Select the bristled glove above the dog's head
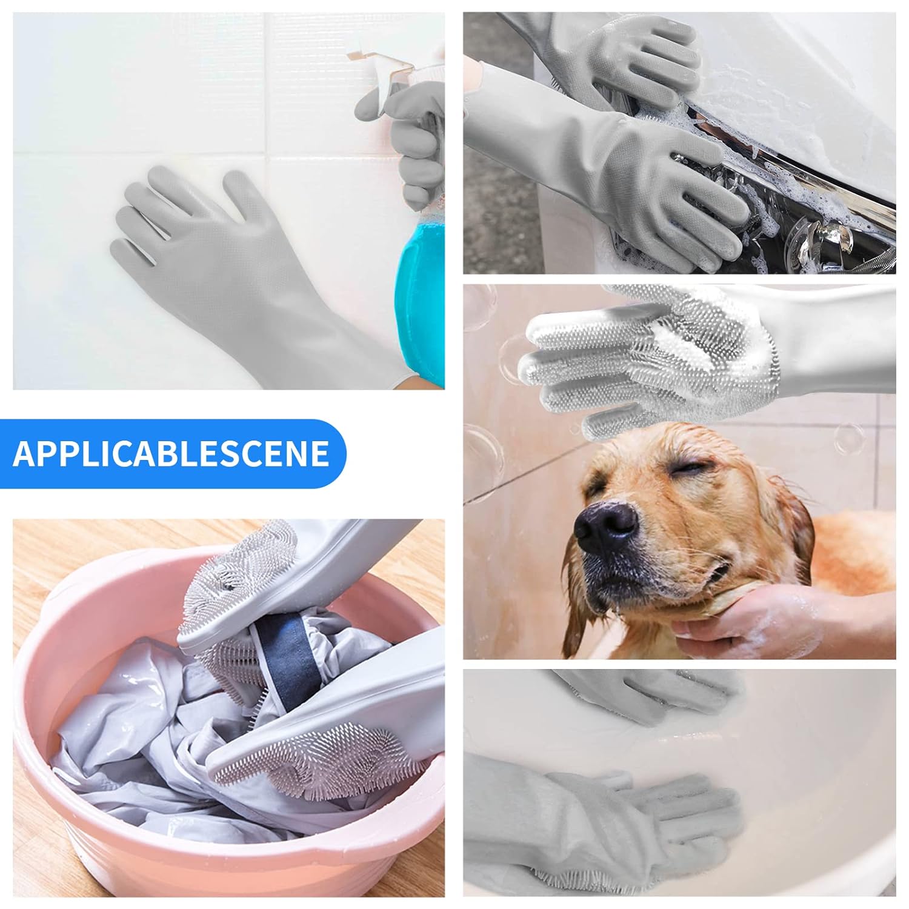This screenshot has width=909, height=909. click(642, 358)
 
